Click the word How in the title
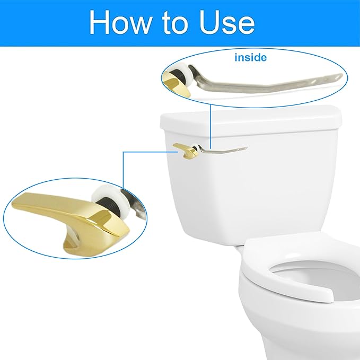(x=124, y=22)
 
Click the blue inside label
(x=251, y=57)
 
